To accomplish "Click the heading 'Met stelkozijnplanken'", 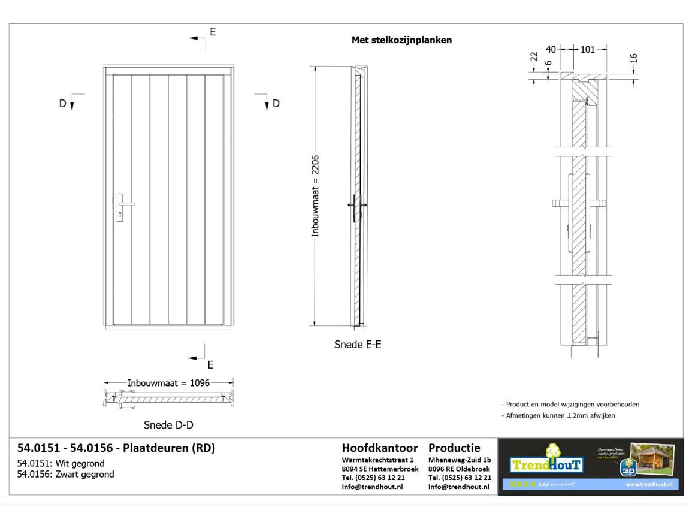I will [x=401, y=41].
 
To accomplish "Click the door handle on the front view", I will [x=123, y=204].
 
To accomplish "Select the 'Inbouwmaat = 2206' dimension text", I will [x=316, y=196].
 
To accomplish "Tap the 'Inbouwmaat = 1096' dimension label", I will [x=168, y=383].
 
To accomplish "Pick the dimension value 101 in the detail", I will [x=587, y=50].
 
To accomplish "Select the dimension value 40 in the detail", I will [x=551, y=50].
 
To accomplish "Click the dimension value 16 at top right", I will [x=634, y=58].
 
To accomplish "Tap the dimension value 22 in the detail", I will [x=534, y=58].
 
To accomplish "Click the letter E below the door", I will [x=210, y=364].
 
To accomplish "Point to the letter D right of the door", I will [x=276, y=103].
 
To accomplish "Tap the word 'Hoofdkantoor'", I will [x=380, y=448].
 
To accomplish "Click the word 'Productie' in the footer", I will [x=456, y=448].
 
